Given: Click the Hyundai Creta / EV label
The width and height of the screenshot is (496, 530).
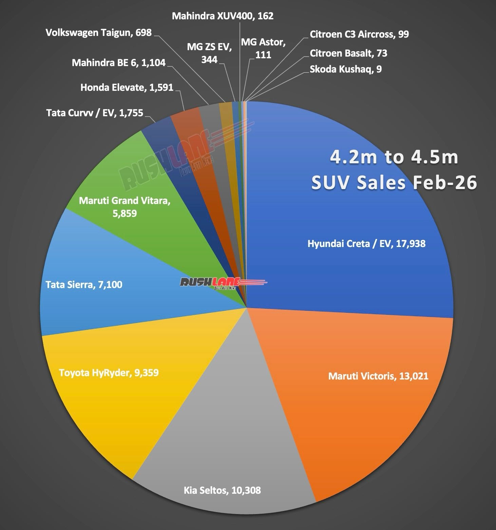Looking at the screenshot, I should point(366,244).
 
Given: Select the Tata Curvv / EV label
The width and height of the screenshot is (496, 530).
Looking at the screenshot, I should point(95,113).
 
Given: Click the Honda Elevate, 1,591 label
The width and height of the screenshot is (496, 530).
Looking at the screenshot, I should point(127,88).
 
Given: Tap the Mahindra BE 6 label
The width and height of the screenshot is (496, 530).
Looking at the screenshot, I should point(118,63).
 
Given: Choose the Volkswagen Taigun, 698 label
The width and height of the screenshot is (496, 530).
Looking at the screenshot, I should point(98,33).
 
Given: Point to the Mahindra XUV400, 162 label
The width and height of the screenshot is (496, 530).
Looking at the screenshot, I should point(223,16).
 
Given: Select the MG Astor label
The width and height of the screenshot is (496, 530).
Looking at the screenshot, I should point(263,48).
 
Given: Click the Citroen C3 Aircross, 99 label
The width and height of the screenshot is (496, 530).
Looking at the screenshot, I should point(359,35).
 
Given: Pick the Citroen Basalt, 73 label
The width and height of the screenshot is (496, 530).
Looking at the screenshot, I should point(348,53).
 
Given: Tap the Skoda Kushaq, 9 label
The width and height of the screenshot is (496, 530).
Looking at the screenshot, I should point(345,69).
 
